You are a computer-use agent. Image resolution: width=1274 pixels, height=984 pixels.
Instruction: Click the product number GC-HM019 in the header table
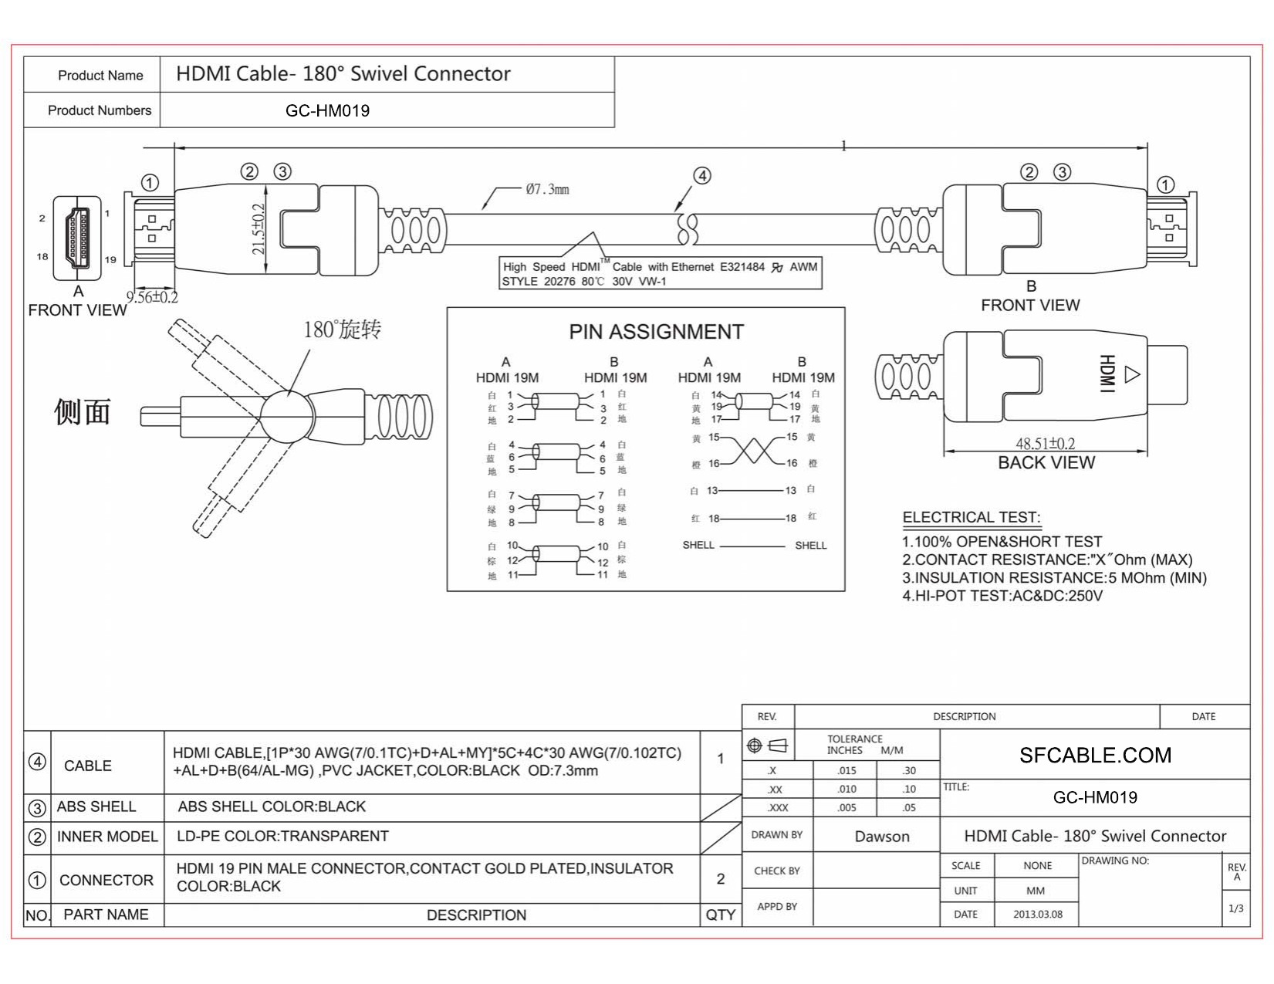click(327, 111)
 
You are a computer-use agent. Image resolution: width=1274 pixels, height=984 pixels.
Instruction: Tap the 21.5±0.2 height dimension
click(259, 228)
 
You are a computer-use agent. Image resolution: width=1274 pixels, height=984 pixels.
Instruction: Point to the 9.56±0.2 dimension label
click(152, 297)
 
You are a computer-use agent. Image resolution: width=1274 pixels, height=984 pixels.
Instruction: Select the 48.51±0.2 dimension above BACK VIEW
click(1045, 443)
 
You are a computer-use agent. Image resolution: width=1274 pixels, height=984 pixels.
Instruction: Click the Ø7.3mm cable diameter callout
click(547, 189)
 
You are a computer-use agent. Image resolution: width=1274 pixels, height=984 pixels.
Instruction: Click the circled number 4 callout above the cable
click(701, 176)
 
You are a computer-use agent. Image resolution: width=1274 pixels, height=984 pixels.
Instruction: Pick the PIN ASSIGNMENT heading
click(656, 332)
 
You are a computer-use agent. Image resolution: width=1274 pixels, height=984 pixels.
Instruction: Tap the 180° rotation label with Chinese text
click(342, 330)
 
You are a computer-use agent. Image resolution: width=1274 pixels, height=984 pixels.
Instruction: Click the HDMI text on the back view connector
click(1107, 374)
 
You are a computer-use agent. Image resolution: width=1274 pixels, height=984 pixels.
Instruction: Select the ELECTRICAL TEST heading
click(971, 517)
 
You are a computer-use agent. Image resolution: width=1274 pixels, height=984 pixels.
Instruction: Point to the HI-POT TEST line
click(1002, 596)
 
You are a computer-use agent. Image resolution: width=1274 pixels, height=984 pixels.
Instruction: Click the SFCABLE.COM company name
click(1094, 755)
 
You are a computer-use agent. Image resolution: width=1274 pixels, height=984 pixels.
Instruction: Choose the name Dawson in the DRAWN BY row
click(881, 837)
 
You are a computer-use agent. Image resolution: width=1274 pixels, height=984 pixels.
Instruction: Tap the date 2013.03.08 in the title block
click(1037, 915)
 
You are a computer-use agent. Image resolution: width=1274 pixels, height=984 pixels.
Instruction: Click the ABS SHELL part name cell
click(96, 806)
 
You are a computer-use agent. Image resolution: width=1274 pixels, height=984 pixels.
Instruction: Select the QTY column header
click(720, 915)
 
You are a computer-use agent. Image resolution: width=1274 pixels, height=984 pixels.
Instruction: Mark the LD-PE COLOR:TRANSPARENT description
click(282, 837)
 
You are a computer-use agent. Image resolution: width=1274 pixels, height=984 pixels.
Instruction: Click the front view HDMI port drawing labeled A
click(77, 238)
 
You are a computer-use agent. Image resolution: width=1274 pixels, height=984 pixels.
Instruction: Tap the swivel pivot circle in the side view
click(286, 416)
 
